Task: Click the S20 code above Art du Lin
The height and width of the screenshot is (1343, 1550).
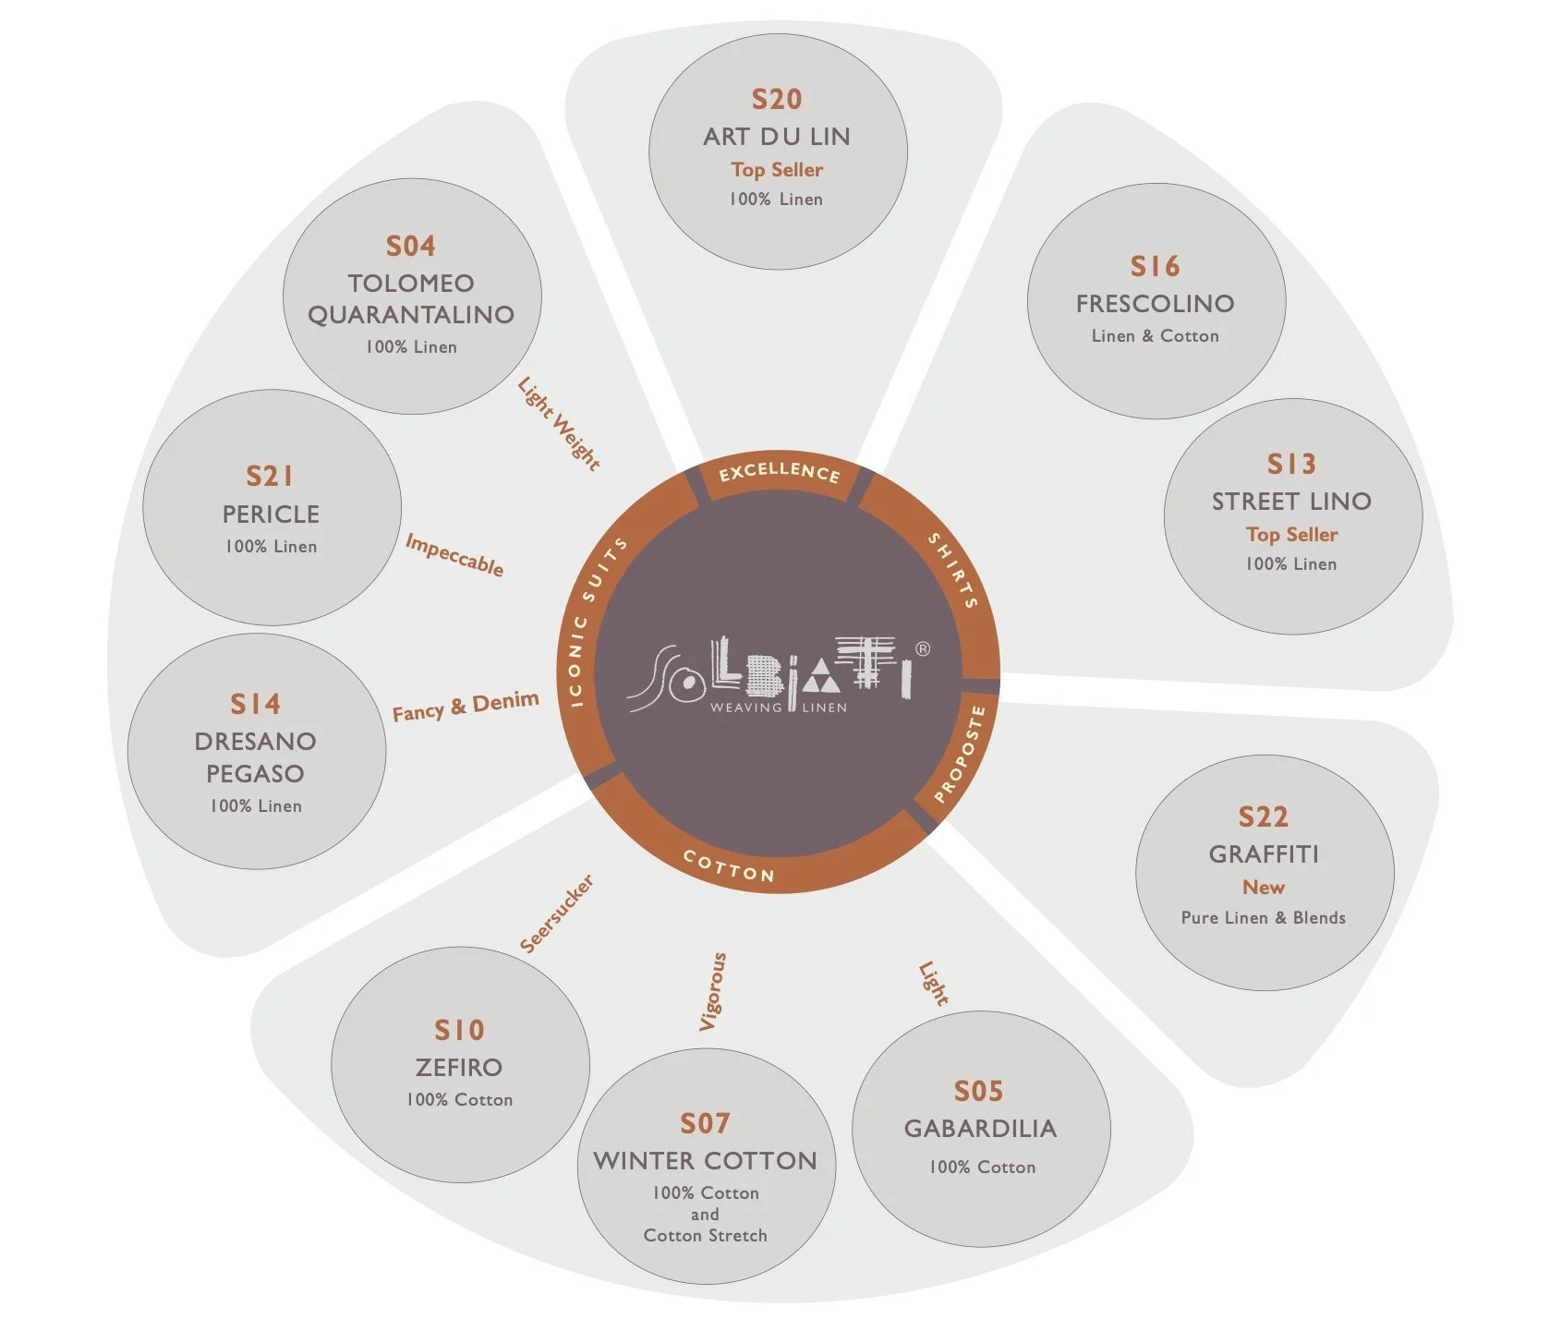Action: point(777,99)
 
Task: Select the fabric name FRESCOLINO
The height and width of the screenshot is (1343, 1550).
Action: point(1155,303)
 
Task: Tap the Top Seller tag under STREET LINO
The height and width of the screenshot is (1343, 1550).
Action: point(1291,534)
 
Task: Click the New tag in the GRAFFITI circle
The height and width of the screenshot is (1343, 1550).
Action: point(1263,887)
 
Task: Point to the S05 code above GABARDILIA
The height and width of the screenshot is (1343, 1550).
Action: point(978,1091)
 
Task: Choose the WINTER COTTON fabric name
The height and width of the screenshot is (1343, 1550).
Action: point(705,1160)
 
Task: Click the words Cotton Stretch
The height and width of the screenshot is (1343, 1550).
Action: point(705,1235)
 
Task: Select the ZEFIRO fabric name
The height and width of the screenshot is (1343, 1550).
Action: point(458,1067)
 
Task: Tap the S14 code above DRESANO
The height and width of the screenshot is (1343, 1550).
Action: point(255,704)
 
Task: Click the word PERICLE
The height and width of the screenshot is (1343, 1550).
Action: point(271,514)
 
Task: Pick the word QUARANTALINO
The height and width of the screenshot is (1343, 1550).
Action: point(411,314)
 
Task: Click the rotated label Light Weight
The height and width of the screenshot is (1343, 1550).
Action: point(559,423)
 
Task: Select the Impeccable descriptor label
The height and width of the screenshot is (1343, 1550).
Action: point(454,554)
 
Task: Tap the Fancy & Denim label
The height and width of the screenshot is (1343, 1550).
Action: point(466,707)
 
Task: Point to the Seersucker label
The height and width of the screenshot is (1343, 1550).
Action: point(556,913)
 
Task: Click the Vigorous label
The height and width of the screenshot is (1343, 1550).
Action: point(712,991)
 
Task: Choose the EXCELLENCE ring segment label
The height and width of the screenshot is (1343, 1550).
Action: point(780,472)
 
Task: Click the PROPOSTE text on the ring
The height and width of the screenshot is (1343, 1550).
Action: point(960,754)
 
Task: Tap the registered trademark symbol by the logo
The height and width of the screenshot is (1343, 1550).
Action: point(922,648)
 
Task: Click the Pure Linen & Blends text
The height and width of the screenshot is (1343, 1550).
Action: point(1263,917)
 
